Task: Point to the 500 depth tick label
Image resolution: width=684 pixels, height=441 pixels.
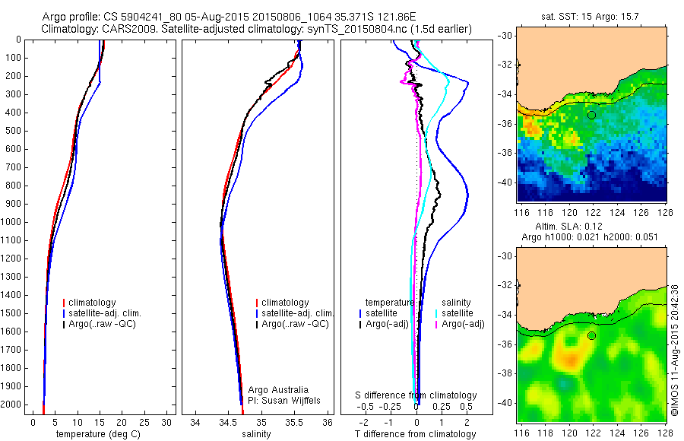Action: click(x=13, y=131)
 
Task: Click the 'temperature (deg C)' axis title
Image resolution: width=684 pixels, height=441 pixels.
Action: click(x=99, y=434)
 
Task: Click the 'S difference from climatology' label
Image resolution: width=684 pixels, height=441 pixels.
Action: click(x=416, y=396)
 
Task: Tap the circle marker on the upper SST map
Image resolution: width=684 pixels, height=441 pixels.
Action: click(x=591, y=115)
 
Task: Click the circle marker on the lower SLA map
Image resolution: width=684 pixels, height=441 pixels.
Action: click(x=591, y=335)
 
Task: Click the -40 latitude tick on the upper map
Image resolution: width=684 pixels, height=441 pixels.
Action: click(x=505, y=182)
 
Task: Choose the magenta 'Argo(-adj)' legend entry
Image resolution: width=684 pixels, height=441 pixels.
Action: click(x=462, y=324)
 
